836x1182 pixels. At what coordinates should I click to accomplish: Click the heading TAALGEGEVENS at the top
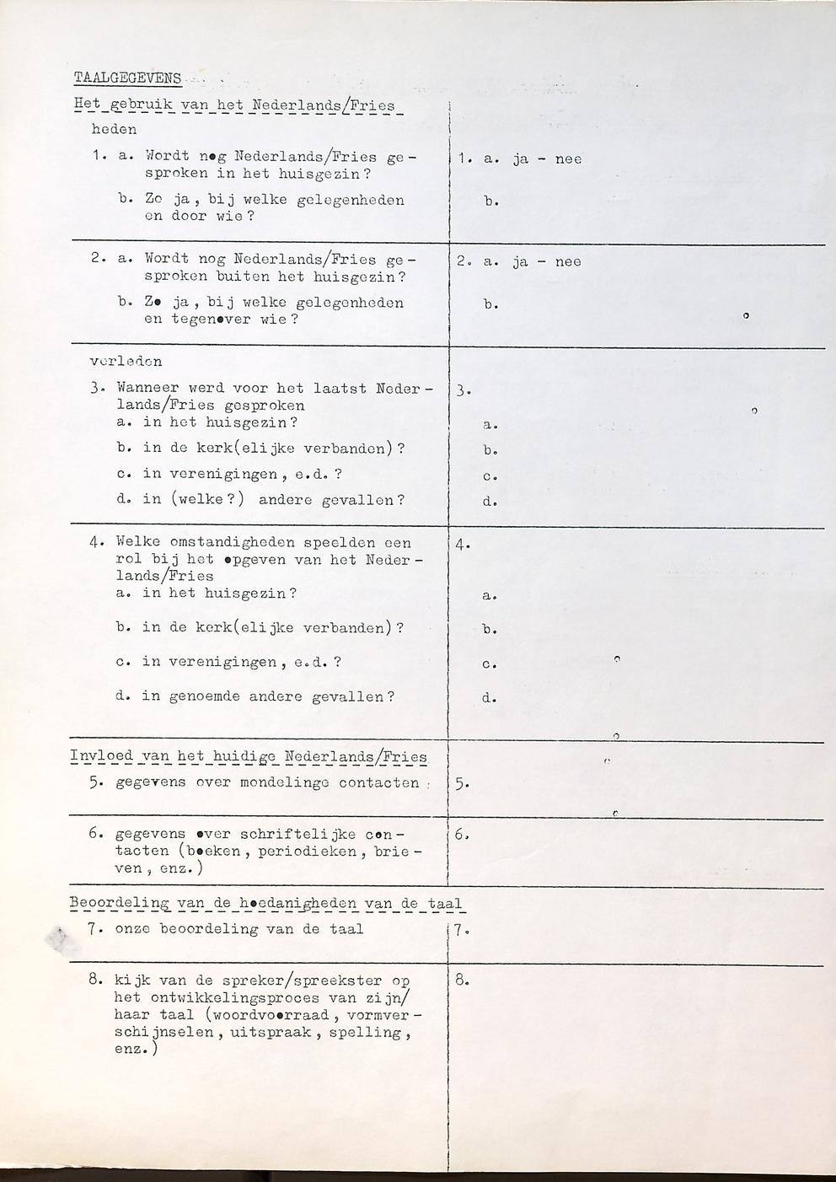point(127,78)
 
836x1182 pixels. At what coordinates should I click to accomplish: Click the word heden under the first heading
point(114,130)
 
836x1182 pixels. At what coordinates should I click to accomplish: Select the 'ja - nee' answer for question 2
point(546,261)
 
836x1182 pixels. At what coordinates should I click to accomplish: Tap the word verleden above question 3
point(126,362)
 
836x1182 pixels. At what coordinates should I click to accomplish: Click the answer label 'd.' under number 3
point(490,502)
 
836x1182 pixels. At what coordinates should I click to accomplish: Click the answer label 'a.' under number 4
point(490,596)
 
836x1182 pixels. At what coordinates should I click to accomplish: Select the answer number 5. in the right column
point(462,783)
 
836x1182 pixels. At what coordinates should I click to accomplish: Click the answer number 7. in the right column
point(460,931)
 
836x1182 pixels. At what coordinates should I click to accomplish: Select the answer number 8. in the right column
point(462,981)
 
